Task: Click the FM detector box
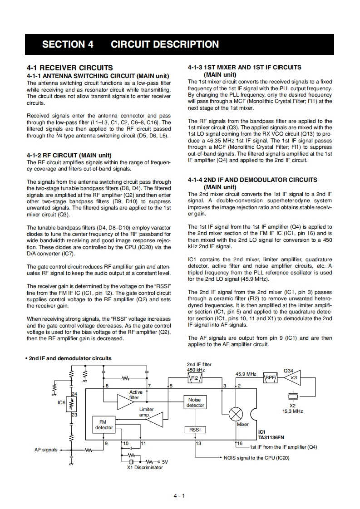point(104,425)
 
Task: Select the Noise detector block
point(195,402)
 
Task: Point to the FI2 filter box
point(194,377)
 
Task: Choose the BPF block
point(271,377)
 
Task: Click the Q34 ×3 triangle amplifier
point(291,377)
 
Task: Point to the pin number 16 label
point(240,443)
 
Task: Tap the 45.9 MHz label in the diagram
point(246,374)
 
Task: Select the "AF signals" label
point(46,450)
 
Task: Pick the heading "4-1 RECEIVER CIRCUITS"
point(69,68)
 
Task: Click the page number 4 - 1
point(179,496)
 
